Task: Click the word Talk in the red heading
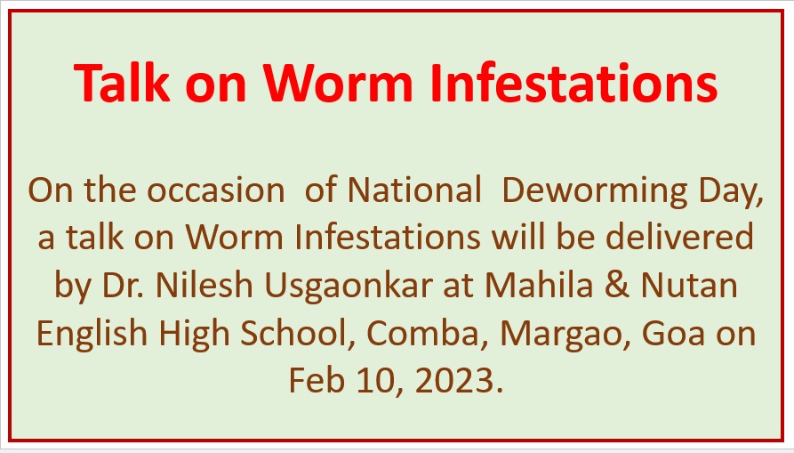(x=122, y=83)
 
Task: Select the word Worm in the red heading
(x=338, y=83)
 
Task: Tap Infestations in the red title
(x=573, y=83)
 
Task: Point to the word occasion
(x=216, y=190)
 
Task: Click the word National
(x=414, y=190)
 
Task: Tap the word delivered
(x=679, y=237)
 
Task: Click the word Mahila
(x=539, y=286)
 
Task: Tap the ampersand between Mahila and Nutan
(x=617, y=286)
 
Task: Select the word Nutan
(x=689, y=286)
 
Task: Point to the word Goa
(x=673, y=334)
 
